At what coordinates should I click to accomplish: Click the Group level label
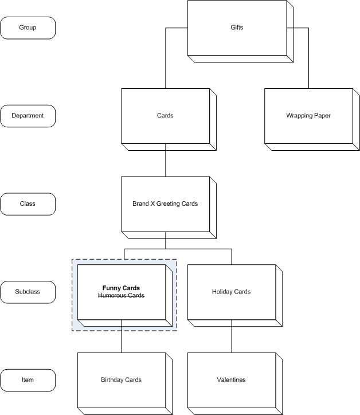(x=28, y=28)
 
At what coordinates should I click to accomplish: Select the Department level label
(x=28, y=116)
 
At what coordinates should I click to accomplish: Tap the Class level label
(x=28, y=203)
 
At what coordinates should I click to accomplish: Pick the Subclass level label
(x=28, y=292)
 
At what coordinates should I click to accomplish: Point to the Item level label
(x=28, y=379)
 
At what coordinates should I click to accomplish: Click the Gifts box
(x=236, y=28)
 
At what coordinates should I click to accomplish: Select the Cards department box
(x=165, y=116)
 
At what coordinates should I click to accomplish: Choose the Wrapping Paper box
(x=308, y=116)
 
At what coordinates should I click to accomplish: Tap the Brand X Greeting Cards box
(x=165, y=203)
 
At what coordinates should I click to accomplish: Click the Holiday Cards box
(x=232, y=292)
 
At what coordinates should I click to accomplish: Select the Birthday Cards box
(x=121, y=379)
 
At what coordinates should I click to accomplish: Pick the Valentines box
(x=232, y=379)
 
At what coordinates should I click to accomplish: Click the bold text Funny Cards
(x=121, y=288)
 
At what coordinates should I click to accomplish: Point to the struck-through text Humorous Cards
(x=121, y=296)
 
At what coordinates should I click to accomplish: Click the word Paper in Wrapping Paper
(x=322, y=116)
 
